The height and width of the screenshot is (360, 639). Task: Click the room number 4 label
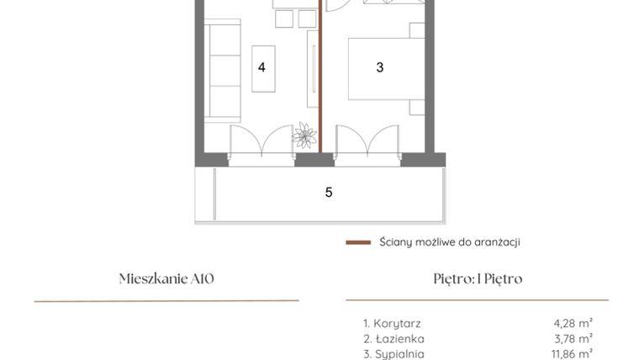(x=262, y=67)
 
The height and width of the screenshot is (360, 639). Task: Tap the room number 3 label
(x=380, y=67)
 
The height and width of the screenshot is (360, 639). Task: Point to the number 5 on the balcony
(x=329, y=193)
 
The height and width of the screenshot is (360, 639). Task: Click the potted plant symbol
(x=304, y=135)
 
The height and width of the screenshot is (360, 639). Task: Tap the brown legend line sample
(x=358, y=243)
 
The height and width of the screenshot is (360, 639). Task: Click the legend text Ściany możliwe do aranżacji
(x=450, y=242)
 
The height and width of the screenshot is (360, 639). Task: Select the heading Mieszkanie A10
(x=166, y=279)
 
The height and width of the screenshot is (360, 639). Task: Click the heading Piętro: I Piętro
(x=478, y=279)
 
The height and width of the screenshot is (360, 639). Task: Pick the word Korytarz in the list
(x=397, y=323)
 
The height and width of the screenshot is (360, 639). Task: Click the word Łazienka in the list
(x=399, y=339)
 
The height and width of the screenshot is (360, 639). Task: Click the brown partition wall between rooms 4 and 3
(x=320, y=84)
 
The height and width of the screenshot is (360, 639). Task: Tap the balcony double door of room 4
(x=262, y=141)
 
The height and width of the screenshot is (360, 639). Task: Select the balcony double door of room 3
(x=367, y=141)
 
